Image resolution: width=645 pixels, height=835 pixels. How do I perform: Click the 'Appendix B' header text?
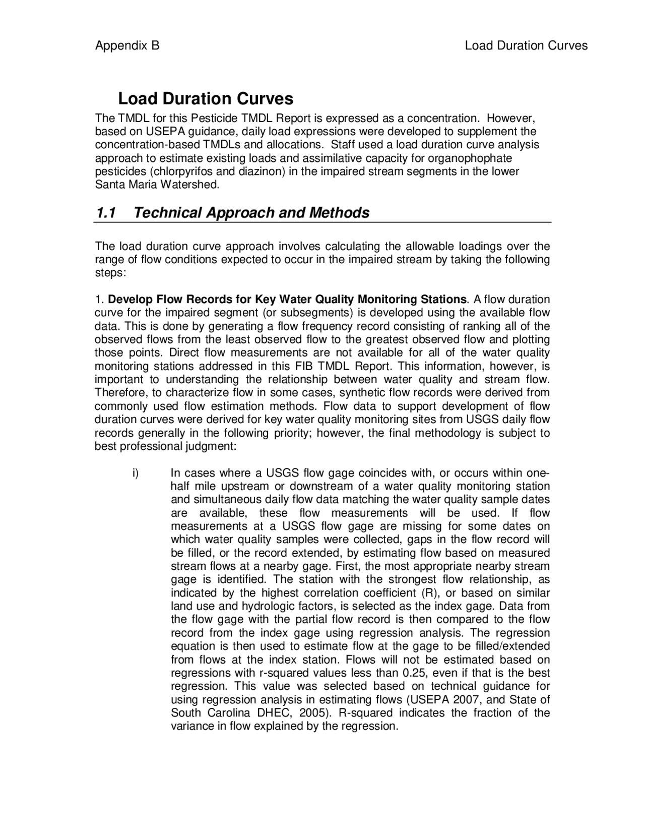(127, 46)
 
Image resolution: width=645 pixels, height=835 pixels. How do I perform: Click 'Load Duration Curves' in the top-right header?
(526, 46)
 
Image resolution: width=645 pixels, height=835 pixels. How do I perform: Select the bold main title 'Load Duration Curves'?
(205, 98)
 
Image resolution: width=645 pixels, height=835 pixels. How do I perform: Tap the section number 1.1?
(106, 213)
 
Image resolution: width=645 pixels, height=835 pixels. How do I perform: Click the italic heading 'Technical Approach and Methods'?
(251, 213)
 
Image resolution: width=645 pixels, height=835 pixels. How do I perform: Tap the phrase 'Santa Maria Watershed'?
(157, 184)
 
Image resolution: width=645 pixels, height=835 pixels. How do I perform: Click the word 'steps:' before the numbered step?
(110, 273)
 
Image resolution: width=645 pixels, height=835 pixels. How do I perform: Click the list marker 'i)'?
(135, 473)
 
